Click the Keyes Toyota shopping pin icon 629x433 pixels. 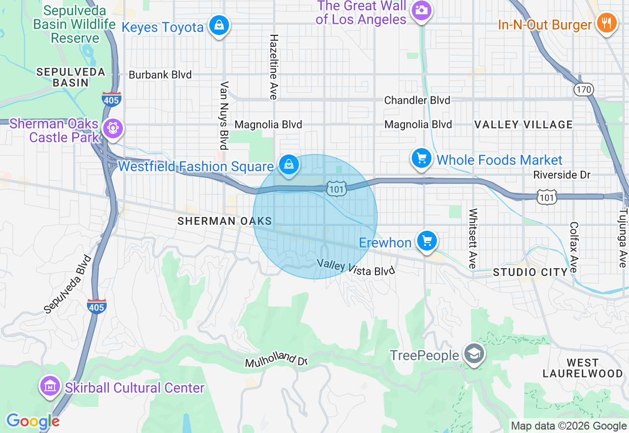[x=219, y=25]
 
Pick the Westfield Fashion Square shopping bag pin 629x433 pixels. [x=289, y=165]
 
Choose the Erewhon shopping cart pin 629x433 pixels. [x=427, y=241]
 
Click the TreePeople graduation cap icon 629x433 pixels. [x=474, y=354]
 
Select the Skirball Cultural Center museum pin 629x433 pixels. [x=51, y=387]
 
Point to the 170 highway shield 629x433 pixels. [x=584, y=90]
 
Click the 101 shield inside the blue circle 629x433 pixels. [x=338, y=188]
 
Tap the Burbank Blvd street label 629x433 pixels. [x=160, y=75]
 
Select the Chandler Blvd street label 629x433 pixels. [x=417, y=100]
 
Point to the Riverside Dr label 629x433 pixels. [x=562, y=175]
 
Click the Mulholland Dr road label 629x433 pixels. [x=276, y=360]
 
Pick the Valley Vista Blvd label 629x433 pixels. [x=356, y=267]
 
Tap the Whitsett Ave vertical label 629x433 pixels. [x=473, y=238]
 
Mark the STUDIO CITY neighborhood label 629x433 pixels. [x=530, y=272]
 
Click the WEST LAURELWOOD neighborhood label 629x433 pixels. [x=582, y=368]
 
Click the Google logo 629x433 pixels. [x=32, y=421]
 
